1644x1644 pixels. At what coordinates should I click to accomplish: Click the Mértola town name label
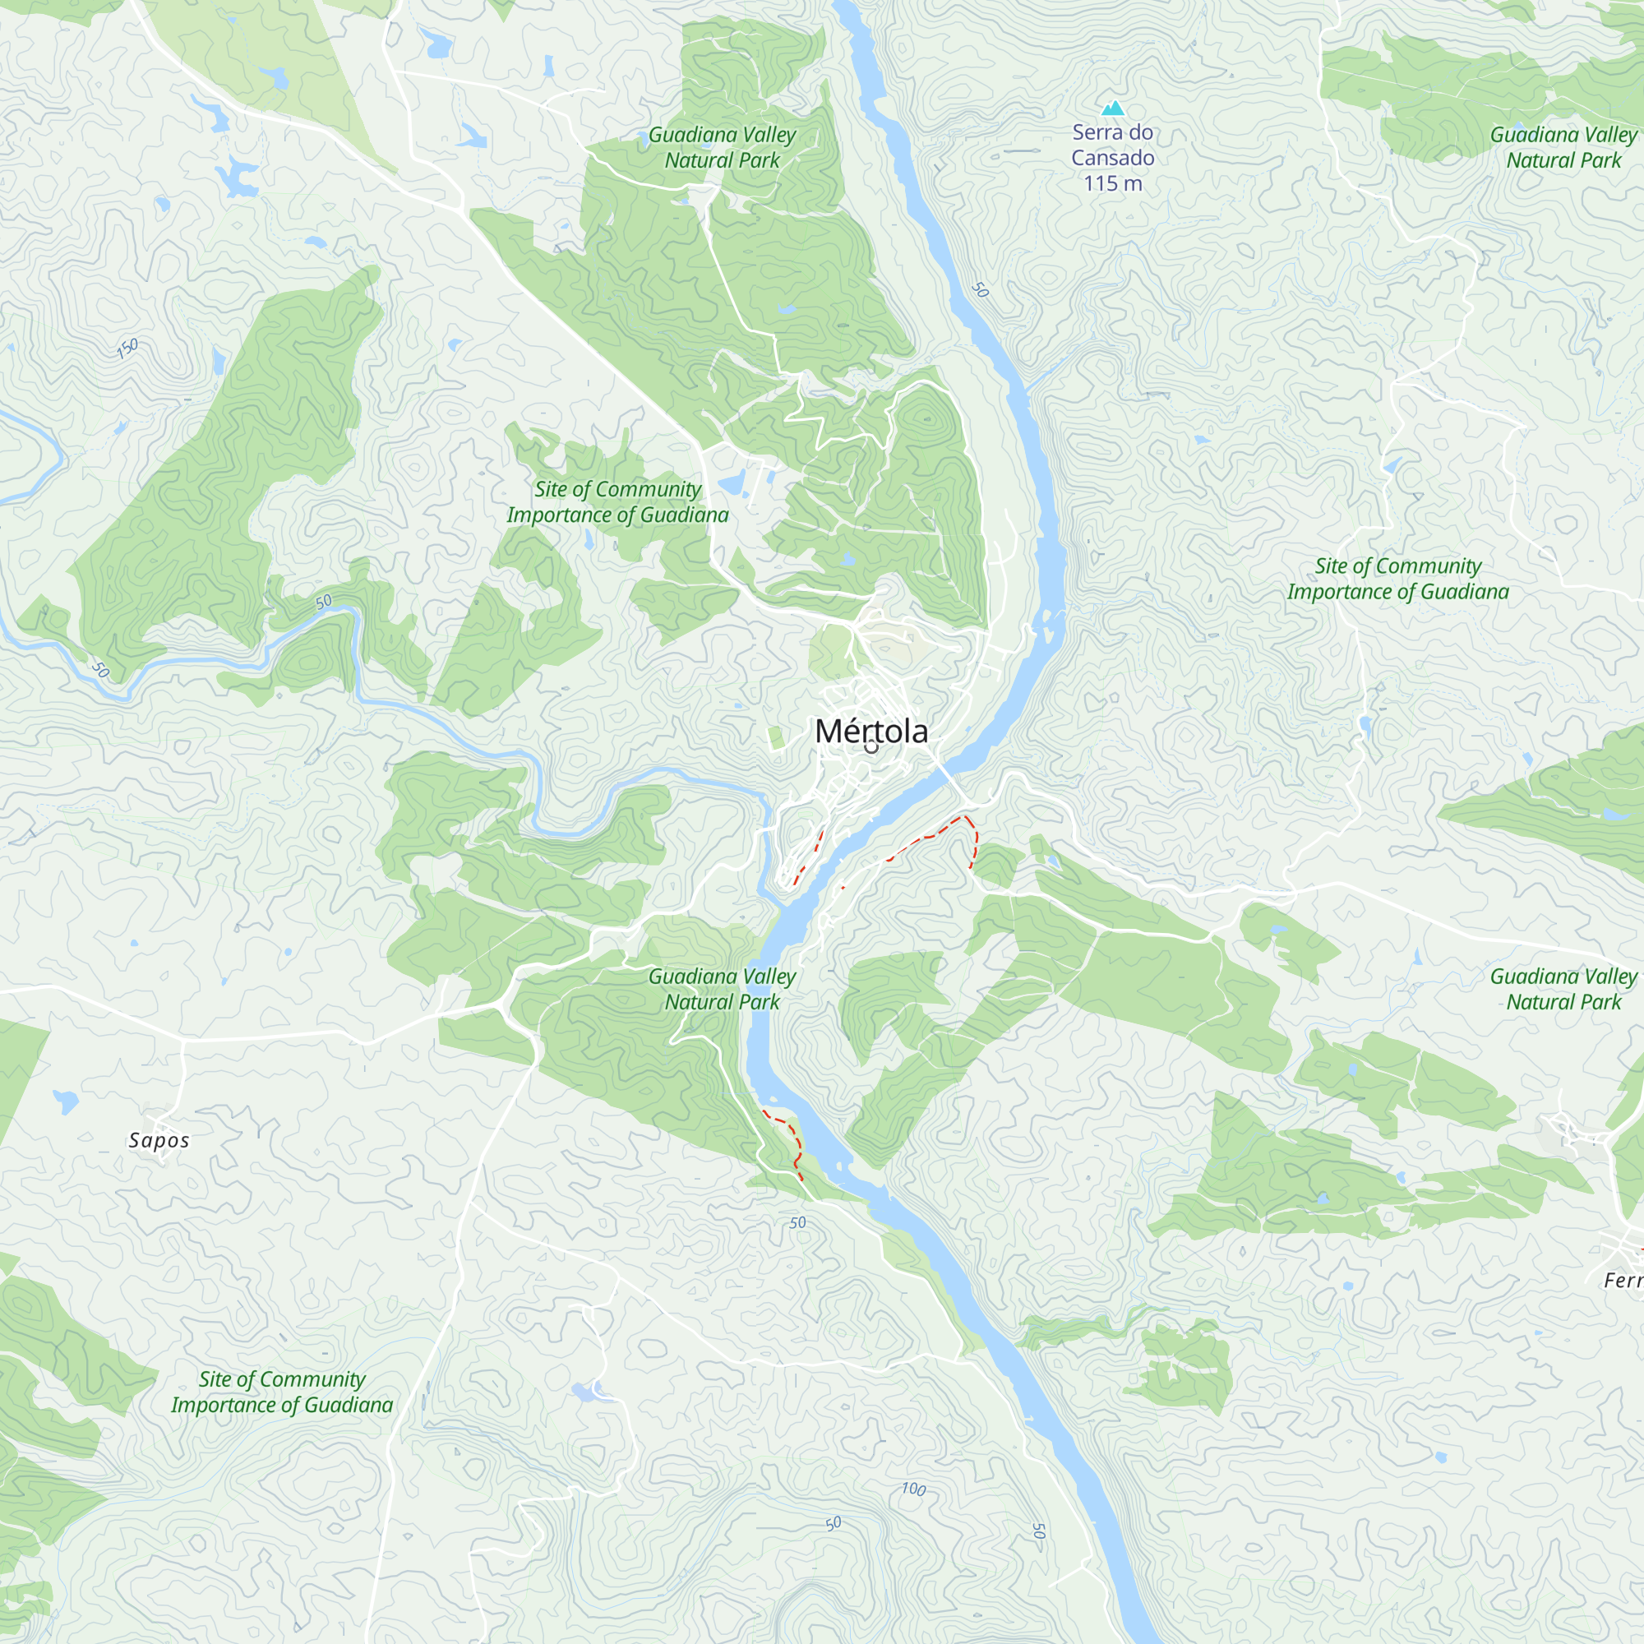(870, 732)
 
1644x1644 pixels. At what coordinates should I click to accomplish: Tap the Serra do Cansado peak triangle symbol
(1113, 108)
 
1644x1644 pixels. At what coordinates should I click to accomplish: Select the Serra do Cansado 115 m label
(1112, 158)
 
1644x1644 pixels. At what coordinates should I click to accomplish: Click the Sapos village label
(159, 1140)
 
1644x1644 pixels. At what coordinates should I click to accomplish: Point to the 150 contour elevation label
(127, 348)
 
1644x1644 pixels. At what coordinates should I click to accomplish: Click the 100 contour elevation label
(913, 1489)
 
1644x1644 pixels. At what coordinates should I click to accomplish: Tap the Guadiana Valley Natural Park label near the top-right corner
(1563, 147)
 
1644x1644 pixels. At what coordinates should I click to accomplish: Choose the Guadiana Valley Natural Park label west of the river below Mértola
(722, 989)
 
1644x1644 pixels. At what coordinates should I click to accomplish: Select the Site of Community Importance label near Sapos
(282, 1392)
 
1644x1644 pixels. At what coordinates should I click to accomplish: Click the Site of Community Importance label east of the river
(1397, 579)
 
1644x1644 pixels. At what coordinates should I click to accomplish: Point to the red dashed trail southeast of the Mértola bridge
(927, 838)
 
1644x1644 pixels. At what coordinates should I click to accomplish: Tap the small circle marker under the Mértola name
(870, 748)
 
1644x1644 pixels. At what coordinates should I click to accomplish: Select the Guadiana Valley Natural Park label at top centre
(722, 147)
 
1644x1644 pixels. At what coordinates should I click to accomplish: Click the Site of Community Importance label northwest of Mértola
(618, 502)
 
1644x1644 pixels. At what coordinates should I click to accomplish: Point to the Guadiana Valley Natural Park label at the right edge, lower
(1563, 989)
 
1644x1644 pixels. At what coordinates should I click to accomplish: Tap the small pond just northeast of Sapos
(66, 1102)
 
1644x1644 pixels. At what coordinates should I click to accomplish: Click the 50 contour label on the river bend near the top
(981, 290)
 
